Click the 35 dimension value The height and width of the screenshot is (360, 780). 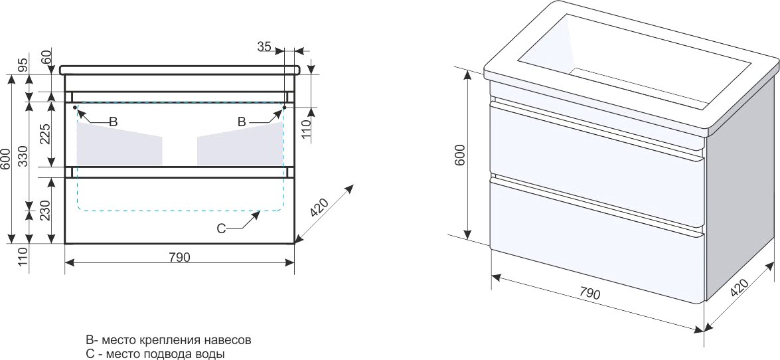point(264,46)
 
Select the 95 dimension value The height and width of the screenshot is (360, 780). point(22,65)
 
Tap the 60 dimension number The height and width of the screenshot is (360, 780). point(46,57)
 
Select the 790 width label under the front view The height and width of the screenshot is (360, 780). point(180,257)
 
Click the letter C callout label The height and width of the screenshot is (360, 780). point(222,228)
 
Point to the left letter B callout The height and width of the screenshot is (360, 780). point(113,122)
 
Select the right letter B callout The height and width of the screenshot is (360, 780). point(242,122)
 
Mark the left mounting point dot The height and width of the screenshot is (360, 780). point(75,107)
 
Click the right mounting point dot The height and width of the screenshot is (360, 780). point(284,107)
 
